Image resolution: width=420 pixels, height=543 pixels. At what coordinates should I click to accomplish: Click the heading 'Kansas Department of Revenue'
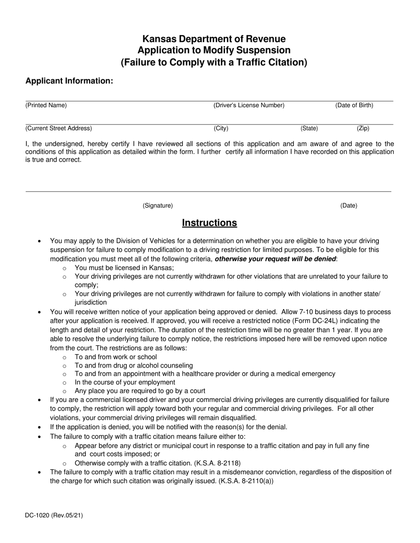[x=214, y=39]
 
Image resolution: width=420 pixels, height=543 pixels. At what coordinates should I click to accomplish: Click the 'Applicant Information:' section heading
[x=69, y=81]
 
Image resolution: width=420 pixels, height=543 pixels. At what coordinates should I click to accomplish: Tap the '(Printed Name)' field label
[x=46, y=106]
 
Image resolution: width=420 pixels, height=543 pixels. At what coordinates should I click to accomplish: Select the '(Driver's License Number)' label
[x=248, y=106]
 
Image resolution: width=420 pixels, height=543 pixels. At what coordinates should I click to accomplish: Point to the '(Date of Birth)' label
[x=354, y=106]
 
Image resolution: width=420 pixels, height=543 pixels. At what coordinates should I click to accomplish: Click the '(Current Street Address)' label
[x=58, y=128]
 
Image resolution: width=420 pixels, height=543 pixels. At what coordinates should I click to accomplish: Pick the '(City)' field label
[x=221, y=128]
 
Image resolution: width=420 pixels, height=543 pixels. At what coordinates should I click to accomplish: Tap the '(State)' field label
[x=309, y=128]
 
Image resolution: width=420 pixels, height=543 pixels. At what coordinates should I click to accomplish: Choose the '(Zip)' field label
[x=363, y=128]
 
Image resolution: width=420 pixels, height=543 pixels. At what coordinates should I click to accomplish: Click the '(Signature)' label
[x=157, y=206]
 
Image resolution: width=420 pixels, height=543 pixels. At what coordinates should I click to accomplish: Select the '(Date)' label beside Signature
[x=348, y=206]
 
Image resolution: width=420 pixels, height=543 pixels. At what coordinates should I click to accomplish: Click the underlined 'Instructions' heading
[x=209, y=223]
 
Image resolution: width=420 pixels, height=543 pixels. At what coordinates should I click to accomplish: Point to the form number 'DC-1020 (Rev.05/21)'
[x=54, y=515]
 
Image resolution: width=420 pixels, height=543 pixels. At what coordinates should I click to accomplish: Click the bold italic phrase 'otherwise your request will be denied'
[x=275, y=259]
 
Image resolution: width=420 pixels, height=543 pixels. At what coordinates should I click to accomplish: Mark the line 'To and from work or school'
[x=115, y=357]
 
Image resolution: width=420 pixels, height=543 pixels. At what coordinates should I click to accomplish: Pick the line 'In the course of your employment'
[x=125, y=382]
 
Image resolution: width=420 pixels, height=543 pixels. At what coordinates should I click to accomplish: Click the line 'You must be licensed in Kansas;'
[x=124, y=268]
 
